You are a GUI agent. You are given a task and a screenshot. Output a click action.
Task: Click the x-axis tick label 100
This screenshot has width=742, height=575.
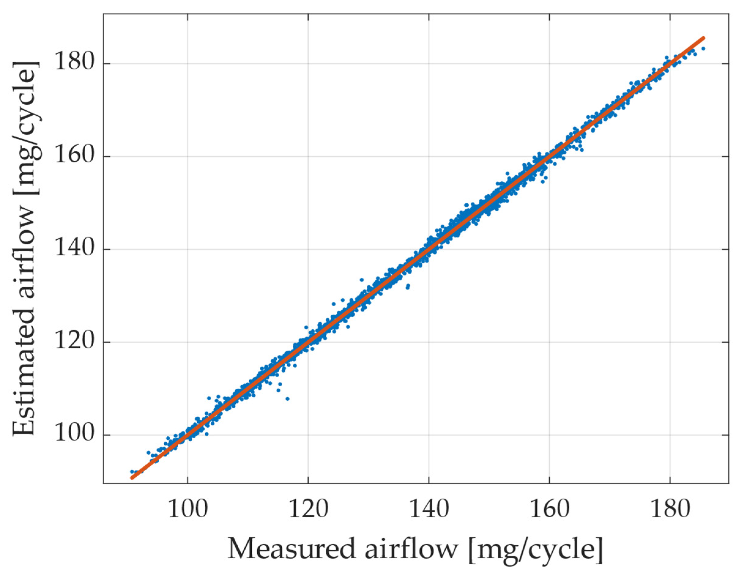pyautogui.click(x=187, y=510)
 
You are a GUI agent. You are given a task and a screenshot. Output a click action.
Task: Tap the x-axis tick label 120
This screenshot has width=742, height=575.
pyautogui.click(x=308, y=510)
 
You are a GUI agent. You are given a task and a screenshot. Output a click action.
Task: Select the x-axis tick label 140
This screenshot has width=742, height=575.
pyautogui.click(x=429, y=510)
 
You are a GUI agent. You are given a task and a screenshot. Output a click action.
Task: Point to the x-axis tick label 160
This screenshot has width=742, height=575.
pyautogui.click(x=549, y=510)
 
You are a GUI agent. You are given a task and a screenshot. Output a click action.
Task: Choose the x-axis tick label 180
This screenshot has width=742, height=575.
pyautogui.click(x=670, y=510)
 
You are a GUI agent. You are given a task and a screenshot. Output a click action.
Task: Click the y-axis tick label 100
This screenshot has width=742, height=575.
pyautogui.click(x=74, y=435)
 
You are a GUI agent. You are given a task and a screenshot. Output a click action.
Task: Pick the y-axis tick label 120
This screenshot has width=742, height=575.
pyautogui.click(x=74, y=342)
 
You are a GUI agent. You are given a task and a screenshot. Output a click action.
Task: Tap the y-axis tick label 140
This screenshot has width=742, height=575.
pyautogui.click(x=74, y=249)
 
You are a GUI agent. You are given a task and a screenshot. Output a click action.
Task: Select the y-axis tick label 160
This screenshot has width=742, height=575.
pyautogui.click(x=74, y=156)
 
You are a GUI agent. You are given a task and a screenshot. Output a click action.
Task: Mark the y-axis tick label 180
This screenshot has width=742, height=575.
pyautogui.click(x=74, y=64)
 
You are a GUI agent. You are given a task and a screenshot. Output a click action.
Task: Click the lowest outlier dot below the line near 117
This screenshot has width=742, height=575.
pyautogui.click(x=288, y=399)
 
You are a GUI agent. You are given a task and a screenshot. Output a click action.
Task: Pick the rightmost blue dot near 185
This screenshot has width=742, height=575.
pyautogui.click(x=703, y=49)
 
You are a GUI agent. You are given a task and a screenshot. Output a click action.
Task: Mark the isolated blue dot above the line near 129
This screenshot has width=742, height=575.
pyautogui.click(x=362, y=280)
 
